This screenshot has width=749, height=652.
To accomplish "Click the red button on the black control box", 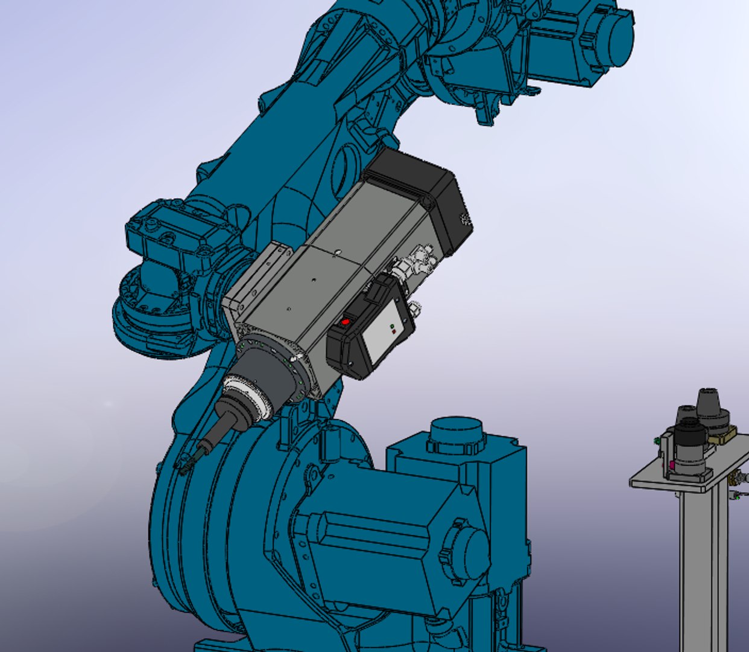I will click(x=346, y=322).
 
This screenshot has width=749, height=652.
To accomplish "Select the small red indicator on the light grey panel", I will click(x=393, y=331).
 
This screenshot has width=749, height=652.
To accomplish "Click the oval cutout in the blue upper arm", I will click(x=344, y=163).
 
